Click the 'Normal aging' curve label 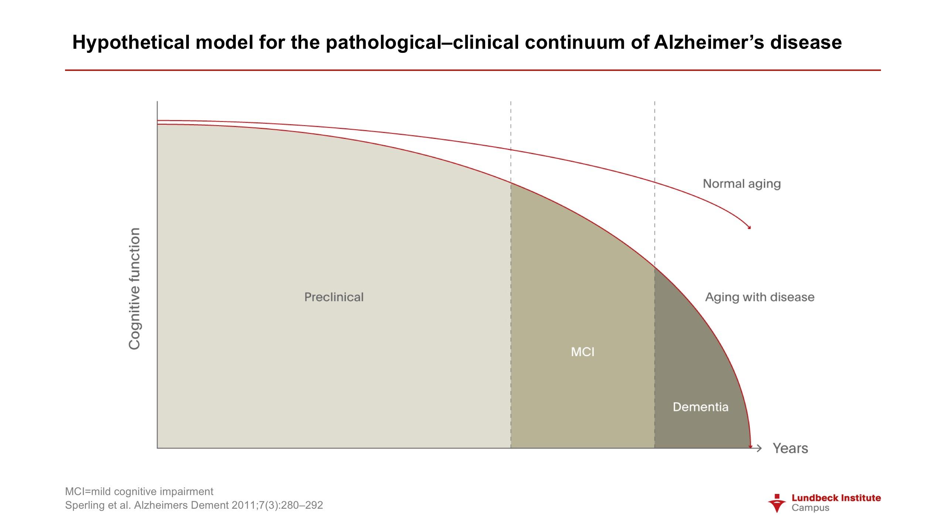pyautogui.click(x=742, y=184)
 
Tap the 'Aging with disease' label pyautogui.click(x=760, y=297)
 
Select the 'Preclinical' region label pyautogui.click(x=334, y=297)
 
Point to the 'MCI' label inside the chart pyautogui.click(x=583, y=352)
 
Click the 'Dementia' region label pyautogui.click(x=701, y=407)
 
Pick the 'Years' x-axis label pyautogui.click(x=790, y=448)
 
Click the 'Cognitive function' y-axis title pyautogui.click(x=135, y=289)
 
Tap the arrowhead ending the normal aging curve pyautogui.click(x=749, y=227)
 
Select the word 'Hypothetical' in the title pyautogui.click(x=132, y=42)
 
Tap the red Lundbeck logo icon pyautogui.click(x=777, y=503)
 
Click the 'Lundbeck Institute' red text pyautogui.click(x=836, y=498)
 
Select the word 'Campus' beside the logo pyautogui.click(x=810, y=508)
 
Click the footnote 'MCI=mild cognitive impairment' pyautogui.click(x=139, y=492)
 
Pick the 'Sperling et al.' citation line pyautogui.click(x=194, y=505)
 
